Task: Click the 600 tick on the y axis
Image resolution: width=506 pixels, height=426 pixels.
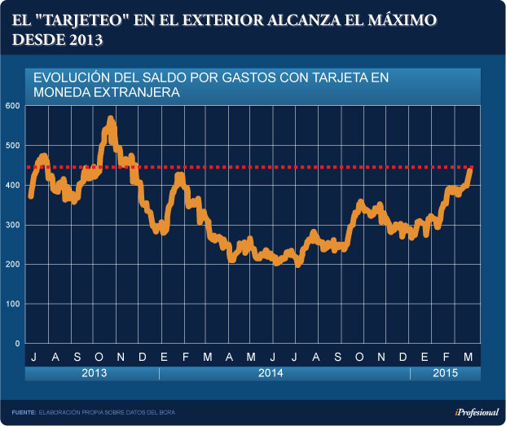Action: click(12, 106)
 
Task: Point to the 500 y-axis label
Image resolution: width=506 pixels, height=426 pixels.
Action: click(12, 146)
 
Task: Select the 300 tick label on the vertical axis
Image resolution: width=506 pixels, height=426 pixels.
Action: click(12, 225)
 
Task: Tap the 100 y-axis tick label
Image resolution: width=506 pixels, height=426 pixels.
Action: click(12, 304)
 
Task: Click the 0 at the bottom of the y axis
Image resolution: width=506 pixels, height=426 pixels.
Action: click(17, 344)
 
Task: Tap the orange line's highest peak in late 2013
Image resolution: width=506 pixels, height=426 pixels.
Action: click(111, 120)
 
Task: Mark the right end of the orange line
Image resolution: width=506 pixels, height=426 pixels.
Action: click(470, 169)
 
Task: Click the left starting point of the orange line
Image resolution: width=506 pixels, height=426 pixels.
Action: click(30, 196)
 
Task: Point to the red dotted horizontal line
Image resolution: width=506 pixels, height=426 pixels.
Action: click(244, 167)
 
